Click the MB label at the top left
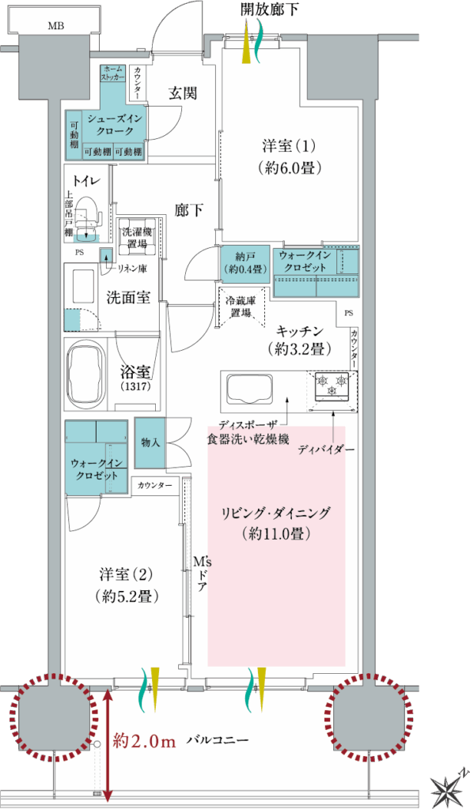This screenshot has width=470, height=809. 56,26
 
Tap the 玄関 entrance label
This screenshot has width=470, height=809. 182,93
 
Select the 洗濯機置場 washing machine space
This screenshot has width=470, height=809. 138,238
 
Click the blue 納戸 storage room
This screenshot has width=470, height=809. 244,262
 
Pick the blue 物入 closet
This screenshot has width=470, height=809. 150,442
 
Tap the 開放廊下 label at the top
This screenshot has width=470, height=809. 270,9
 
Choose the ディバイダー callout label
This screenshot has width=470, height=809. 327,450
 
